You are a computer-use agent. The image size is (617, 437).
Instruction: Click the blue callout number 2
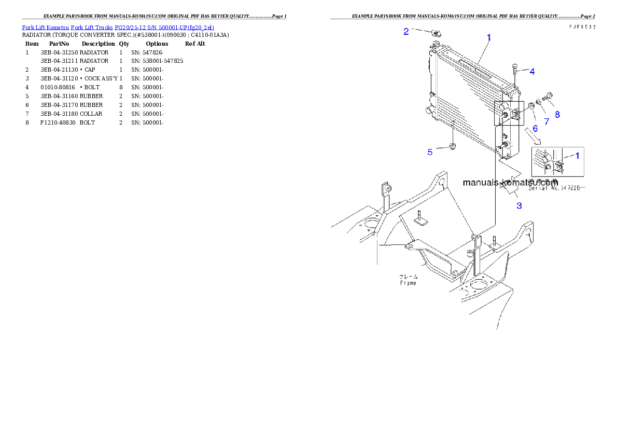(406, 31)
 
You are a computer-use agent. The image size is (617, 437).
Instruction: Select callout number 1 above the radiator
(488, 37)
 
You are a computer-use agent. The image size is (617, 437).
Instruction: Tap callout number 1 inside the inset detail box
(577, 155)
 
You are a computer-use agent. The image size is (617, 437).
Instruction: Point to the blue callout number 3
(518, 206)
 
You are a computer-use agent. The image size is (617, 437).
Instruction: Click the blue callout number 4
(532, 71)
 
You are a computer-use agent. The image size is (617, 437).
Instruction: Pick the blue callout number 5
(430, 152)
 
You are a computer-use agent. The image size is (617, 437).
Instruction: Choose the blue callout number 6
(535, 128)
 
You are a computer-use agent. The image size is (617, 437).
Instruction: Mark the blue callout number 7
(546, 121)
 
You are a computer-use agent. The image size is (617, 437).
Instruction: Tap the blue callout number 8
(557, 114)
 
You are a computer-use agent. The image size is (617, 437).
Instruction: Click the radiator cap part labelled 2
(435, 34)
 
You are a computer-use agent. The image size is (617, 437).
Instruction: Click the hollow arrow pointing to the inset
(532, 136)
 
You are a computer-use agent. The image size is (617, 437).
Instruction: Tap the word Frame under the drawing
(408, 283)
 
